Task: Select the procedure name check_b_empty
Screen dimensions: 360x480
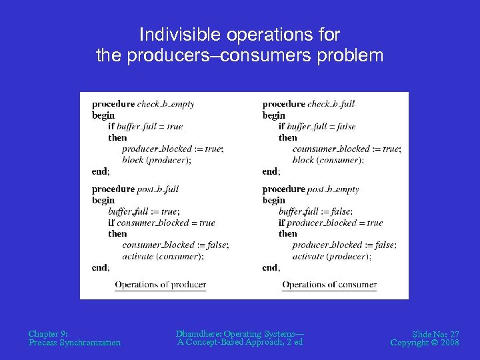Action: [165, 104]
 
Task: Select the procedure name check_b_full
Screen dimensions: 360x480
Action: [331, 104]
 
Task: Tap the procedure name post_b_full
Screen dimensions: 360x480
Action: [158, 189]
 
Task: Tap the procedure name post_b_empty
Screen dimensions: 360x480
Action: [333, 189]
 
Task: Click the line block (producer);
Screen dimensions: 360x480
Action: [157, 160]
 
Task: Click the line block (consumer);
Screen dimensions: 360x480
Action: [328, 160]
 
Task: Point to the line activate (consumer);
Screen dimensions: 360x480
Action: [163, 257]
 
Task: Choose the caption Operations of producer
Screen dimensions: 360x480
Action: [160, 285]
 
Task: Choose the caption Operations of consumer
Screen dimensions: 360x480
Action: [329, 285]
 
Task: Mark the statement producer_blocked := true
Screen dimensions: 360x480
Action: [173, 149]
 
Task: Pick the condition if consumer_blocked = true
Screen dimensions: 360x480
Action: [161, 223]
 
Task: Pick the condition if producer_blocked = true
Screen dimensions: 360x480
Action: [331, 223]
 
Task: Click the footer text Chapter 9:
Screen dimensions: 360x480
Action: [48, 333]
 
